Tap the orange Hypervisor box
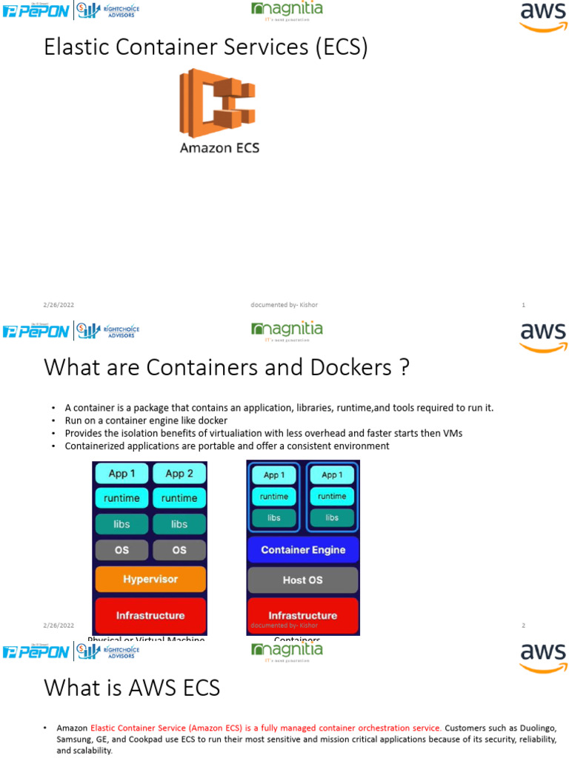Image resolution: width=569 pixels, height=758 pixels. click(150, 579)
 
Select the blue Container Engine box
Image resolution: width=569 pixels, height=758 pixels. click(302, 550)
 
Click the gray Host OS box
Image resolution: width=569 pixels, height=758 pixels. click(302, 580)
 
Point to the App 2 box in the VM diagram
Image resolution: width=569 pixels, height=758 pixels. click(179, 474)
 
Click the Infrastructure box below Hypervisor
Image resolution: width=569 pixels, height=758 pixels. click(150, 615)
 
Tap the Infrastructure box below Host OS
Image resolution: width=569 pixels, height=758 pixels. click(302, 614)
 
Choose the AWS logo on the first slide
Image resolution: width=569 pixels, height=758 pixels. click(543, 16)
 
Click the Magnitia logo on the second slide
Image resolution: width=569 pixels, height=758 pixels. click(287, 331)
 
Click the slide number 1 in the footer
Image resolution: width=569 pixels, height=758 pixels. click(524, 305)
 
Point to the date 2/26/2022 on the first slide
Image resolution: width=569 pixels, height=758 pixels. click(59, 305)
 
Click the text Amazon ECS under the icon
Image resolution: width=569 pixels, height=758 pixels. click(219, 148)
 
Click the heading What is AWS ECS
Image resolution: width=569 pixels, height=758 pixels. click(132, 688)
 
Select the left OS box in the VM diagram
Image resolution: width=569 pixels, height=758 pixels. click(122, 550)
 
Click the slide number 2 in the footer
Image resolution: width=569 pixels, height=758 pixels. click(524, 625)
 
